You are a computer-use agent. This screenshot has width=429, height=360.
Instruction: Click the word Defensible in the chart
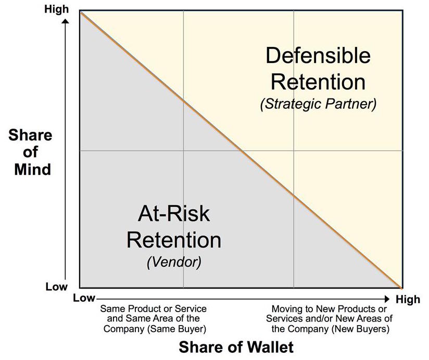318,55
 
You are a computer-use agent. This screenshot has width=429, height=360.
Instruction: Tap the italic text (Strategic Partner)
319,104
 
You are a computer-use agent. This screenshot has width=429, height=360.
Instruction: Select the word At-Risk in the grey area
174,214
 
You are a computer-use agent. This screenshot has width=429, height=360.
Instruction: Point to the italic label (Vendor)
174,262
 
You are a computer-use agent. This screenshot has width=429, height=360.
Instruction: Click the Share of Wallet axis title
236,347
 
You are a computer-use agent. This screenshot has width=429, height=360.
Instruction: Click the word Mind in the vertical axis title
33,169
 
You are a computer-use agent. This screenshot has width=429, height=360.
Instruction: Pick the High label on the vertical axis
56,9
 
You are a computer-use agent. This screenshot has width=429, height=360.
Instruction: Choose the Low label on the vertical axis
56,287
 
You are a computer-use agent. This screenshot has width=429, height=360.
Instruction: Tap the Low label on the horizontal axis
84,298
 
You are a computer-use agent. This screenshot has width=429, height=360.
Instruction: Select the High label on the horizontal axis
408,299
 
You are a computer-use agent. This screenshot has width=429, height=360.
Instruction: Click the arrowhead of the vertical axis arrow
65,21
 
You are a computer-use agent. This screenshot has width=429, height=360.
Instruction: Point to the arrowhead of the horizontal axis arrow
387,299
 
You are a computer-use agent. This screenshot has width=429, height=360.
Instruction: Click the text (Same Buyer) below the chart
176,329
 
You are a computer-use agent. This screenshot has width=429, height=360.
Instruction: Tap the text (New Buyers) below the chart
360,329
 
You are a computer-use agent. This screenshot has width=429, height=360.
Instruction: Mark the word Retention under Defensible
318,82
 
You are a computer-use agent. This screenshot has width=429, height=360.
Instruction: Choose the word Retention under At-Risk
174,240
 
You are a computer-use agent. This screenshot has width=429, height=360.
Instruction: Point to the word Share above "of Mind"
30,135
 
